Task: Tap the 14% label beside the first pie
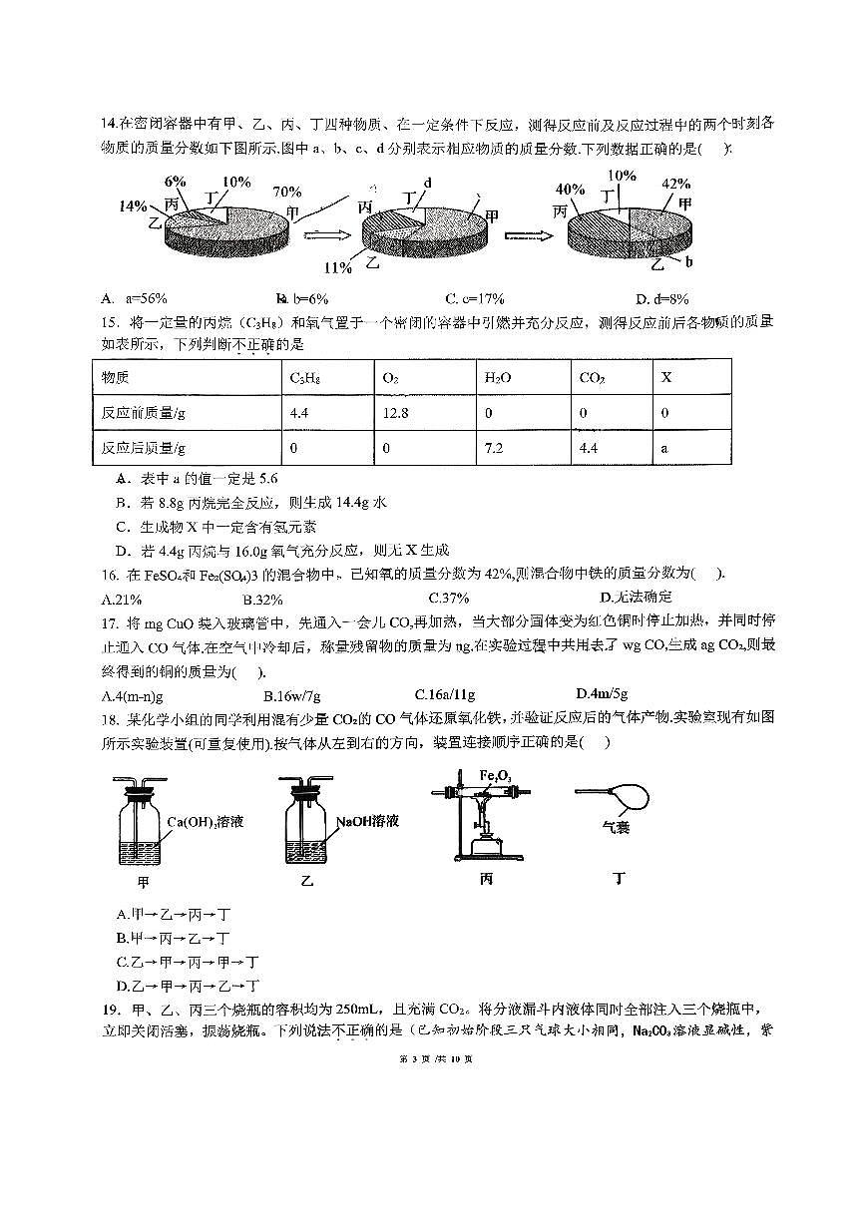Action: click(x=132, y=205)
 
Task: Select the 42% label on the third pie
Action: click(x=675, y=183)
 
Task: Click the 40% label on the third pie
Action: click(x=570, y=190)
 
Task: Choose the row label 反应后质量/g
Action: click(x=144, y=448)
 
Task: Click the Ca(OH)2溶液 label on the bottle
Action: click(x=206, y=822)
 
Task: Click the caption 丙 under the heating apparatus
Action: click(x=486, y=880)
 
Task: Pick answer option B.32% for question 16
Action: click(x=263, y=599)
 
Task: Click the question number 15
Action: click(x=110, y=323)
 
